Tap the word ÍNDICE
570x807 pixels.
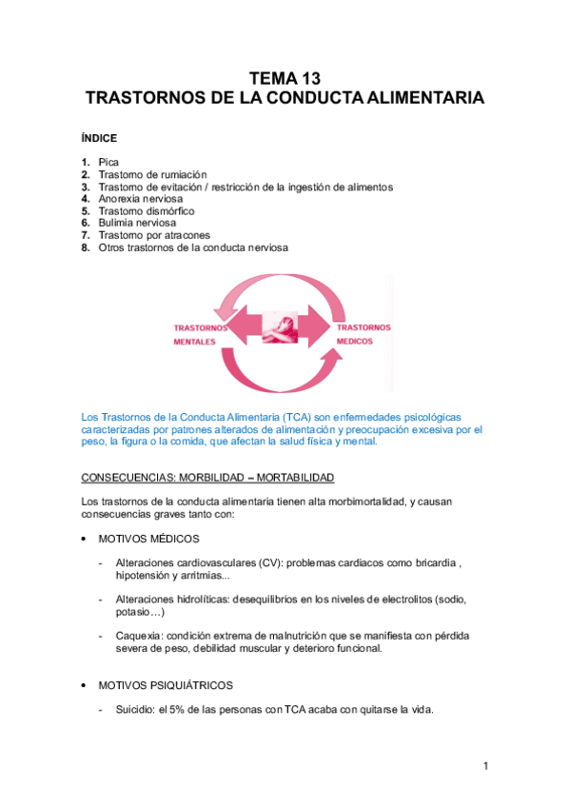pos(100,138)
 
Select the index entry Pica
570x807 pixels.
pos(108,163)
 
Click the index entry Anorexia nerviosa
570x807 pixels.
pos(141,199)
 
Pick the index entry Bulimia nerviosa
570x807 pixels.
pos(137,223)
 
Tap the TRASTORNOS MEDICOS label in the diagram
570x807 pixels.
pos(363,333)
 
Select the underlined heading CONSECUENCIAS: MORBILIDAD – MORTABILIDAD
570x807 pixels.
pos(207,477)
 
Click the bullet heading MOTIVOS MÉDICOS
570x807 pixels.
pos(149,539)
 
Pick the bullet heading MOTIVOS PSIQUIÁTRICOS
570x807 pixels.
pos(166,684)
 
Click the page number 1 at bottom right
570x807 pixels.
pos(484,766)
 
